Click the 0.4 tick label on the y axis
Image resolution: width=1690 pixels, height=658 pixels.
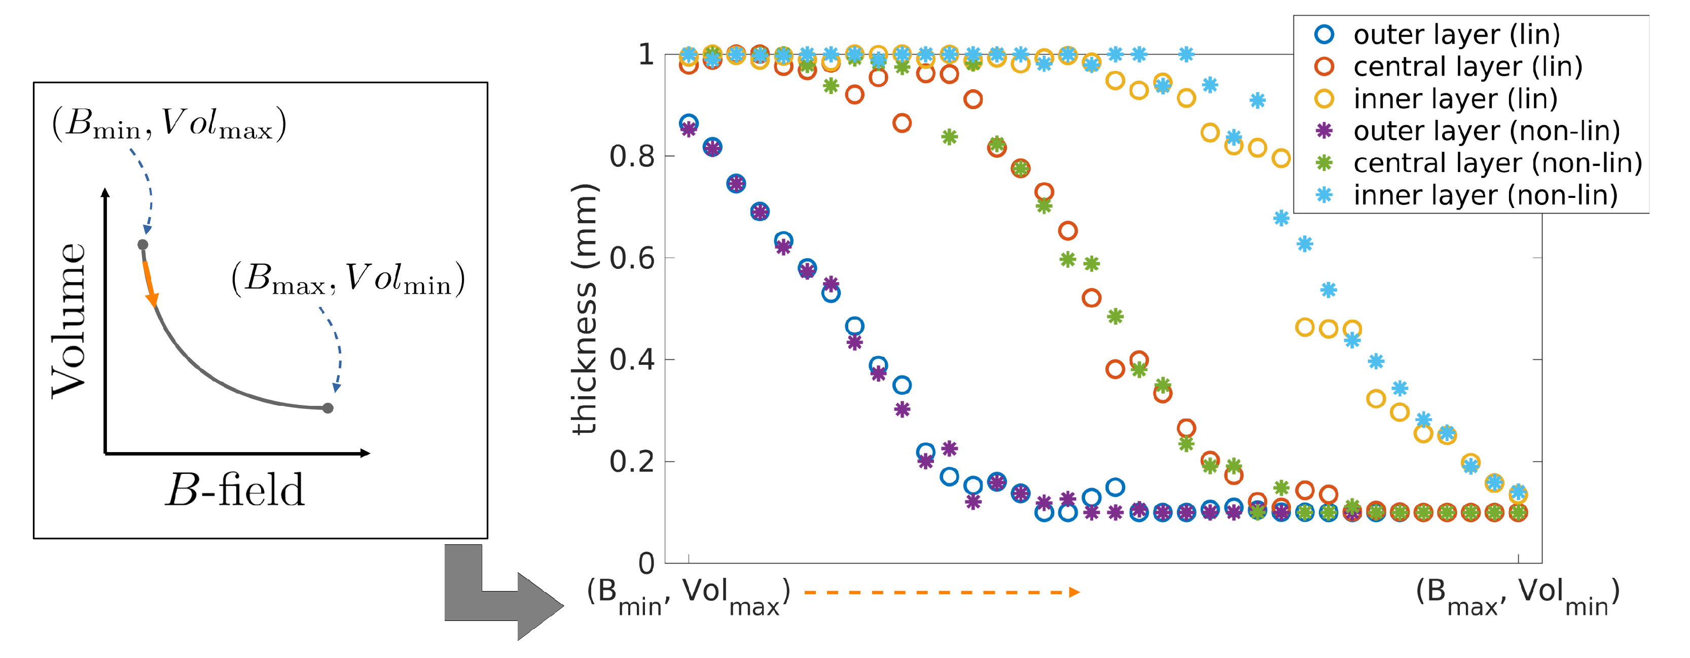(632, 360)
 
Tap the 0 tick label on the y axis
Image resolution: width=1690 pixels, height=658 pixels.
(646, 564)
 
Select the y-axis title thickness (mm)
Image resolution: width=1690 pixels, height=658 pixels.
(584, 308)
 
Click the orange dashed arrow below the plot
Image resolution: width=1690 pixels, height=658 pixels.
(942, 593)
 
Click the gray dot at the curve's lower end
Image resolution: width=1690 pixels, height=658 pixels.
(328, 408)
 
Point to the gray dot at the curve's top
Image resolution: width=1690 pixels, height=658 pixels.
(142, 245)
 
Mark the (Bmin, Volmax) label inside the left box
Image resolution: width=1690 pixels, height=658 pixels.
(169, 123)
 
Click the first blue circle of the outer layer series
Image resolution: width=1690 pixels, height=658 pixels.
(688, 123)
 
